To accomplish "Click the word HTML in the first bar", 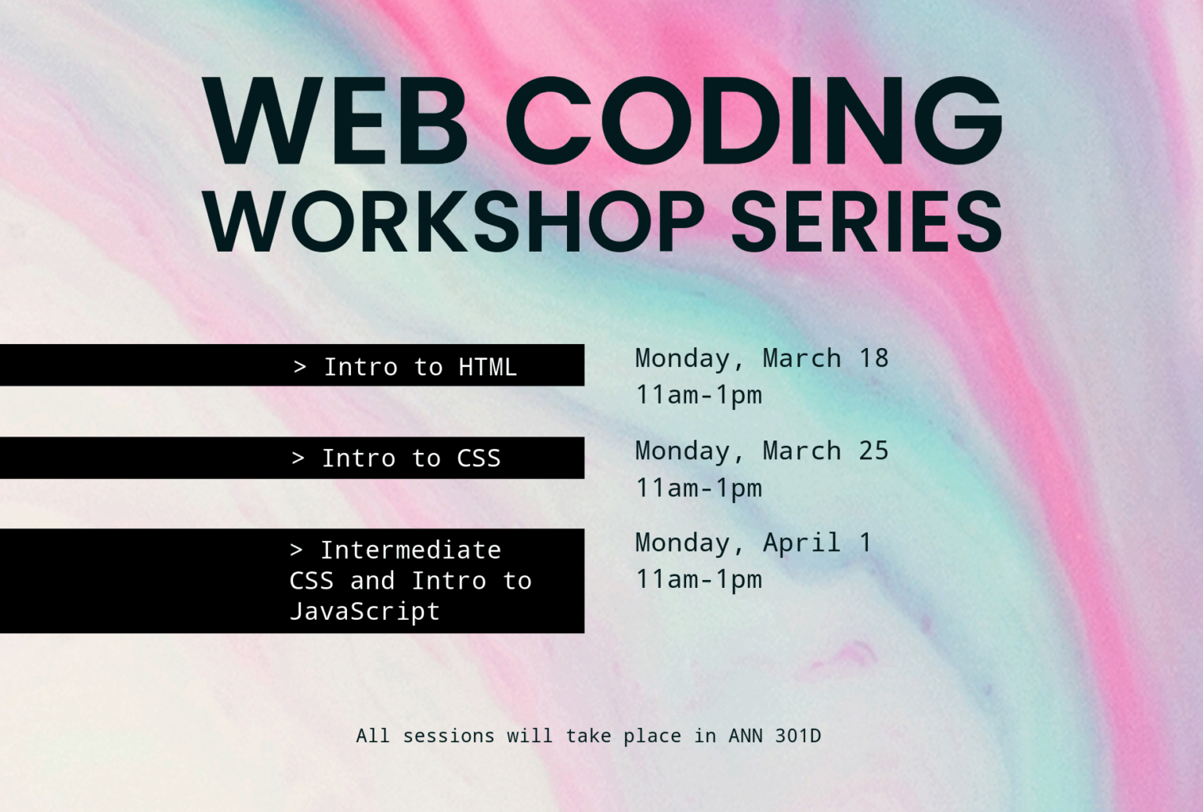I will pyautogui.click(x=487, y=367).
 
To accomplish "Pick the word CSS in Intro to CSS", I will pyautogui.click(x=479, y=459).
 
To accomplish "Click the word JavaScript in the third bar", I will pyautogui.click(x=364, y=611).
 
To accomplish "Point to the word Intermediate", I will pyautogui.click(x=410, y=550).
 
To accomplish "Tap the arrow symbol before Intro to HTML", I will pyautogui.click(x=299, y=367).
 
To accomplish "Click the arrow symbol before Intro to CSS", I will pyautogui.click(x=298, y=459).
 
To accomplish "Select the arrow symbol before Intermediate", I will pyautogui.click(x=296, y=550).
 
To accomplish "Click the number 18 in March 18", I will pyautogui.click(x=873, y=358).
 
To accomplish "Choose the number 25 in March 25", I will pyautogui.click(x=873, y=451).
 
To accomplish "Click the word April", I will pyautogui.click(x=801, y=542).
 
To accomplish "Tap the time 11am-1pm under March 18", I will pyautogui.click(x=699, y=395).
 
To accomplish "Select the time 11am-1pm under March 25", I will pyautogui.click(x=699, y=488).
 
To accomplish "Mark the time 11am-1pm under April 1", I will pyautogui.click(x=699, y=579).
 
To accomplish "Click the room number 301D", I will pyautogui.click(x=797, y=736).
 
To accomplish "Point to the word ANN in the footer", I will pyautogui.click(x=746, y=736).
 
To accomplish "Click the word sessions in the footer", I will pyautogui.click(x=448, y=736).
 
